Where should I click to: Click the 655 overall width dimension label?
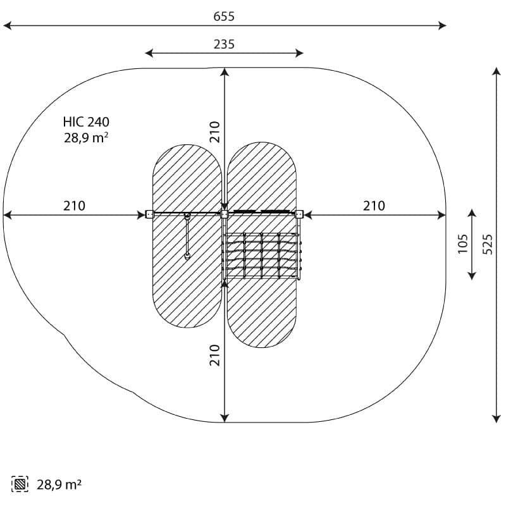[224, 16]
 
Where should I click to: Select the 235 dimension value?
[224, 44]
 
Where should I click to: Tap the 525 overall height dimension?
[488, 244]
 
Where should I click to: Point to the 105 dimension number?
[463, 244]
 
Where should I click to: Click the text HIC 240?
[86, 122]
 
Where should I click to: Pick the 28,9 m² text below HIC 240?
[86, 138]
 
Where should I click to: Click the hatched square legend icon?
[20, 484]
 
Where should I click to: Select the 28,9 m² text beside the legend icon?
[59, 484]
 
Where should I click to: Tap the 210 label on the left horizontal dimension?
[74, 206]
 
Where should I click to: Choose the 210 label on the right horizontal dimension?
[374, 206]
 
